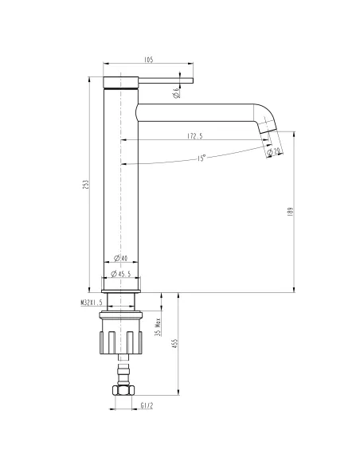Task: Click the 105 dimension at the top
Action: click(x=149, y=58)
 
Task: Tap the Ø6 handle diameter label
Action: click(x=176, y=92)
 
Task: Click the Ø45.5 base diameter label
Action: click(x=121, y=274)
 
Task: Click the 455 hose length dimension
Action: click(x=174, y=344)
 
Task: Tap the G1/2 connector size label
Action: click(x=147, y=406)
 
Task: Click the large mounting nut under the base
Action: click(x=121, y=333)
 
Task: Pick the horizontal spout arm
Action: click(x=199, y=111)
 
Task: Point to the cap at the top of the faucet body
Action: click(x=121, y=80)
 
